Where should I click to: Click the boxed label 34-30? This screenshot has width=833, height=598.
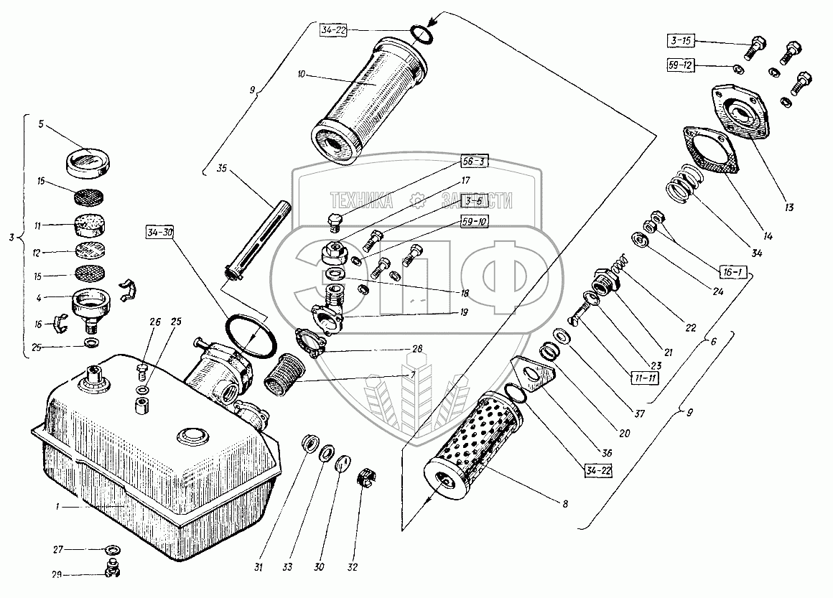pyautogui.click(x=162, y=233)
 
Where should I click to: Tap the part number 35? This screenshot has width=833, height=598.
pyautogui.click(x=221, y=170)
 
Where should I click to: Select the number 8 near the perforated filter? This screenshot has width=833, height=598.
pyautogui.click(x=566, y=504)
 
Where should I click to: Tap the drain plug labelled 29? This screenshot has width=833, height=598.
pyautogui.click(x=111, y=572)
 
